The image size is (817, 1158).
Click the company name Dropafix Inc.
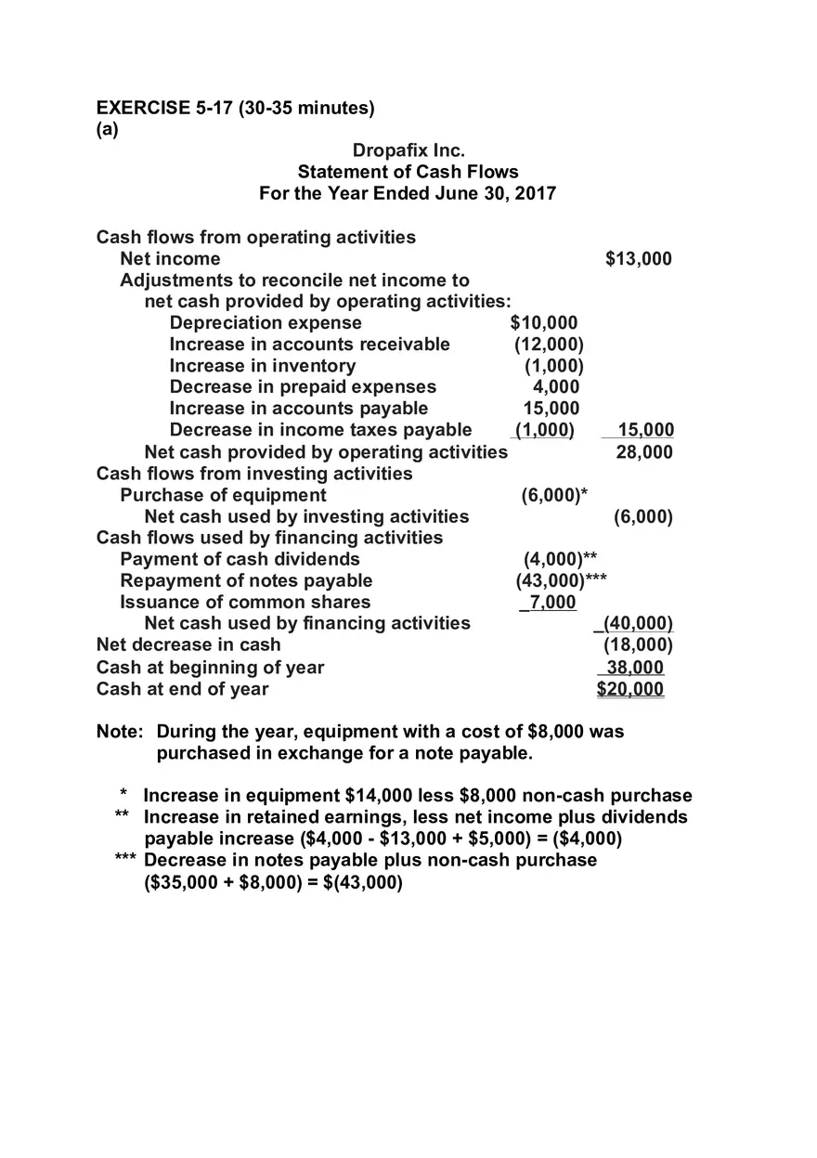pyautogui.click(x=408, y=150)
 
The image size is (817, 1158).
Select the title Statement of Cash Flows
pyautogui.click(x=408, y=172)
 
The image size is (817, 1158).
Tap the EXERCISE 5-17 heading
pyautogui.click(x=236, y=108)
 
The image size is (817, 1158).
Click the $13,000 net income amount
pyautogui.click(x=638, y=259)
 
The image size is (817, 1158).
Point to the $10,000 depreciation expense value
pyautogui.click(x=544, y=323)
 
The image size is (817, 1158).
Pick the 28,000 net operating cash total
pyautogui.click(x=644, y=452)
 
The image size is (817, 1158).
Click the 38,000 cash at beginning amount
pyautogui.click(x=634, y=668)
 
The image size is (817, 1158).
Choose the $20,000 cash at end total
pyautogui.click(x=630, y=689)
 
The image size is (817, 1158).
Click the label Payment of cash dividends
pyautogui.click(x=240, y=559)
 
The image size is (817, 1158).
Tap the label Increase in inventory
pyautogui.click(x=262, y=366)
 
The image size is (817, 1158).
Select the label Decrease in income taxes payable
pyautogui.click(x=320, y=430)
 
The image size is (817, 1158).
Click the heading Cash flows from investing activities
pyautogui.click(x=254, y=474)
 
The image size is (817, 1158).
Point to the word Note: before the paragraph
pyautogui.click(x=120, y=732)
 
